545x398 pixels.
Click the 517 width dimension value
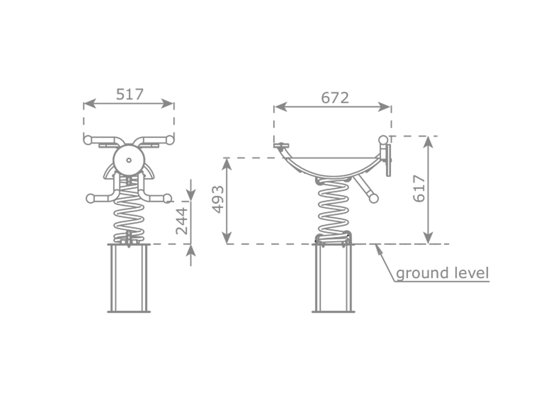130,94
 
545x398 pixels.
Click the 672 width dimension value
335,98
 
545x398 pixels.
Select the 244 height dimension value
182,221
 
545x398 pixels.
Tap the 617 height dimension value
419,188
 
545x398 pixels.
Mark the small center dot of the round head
129,160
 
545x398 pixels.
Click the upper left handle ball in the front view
87,140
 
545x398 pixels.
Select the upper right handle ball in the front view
169,140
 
